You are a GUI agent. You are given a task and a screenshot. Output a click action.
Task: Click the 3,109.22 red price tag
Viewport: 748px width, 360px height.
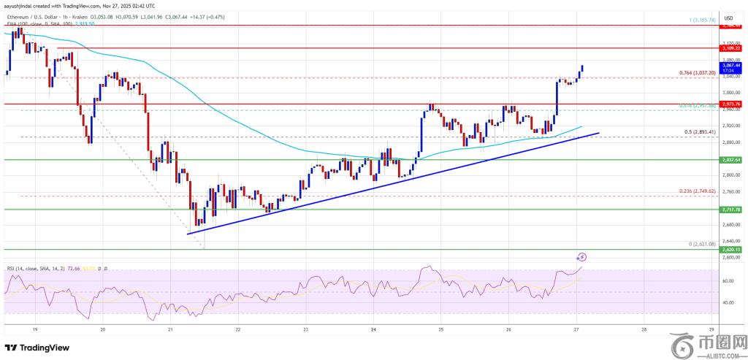coord(730,47)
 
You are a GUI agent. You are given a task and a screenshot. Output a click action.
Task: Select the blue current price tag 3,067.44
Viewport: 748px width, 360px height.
coord(730,67)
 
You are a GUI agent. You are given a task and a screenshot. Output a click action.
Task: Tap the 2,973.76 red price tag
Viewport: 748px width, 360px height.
coord(730,104)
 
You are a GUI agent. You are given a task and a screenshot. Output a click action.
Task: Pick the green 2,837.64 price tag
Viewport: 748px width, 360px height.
coord(730,159)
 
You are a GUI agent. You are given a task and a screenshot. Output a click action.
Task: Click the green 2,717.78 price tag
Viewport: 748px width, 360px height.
coord(730,209)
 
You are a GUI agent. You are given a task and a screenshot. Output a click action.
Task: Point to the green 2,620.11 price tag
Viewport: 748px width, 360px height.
coord(730,249)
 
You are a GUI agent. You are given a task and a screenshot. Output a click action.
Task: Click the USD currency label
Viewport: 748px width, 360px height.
coord(728,18)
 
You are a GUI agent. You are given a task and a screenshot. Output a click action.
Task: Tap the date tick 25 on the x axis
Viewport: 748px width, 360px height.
coord(441,329)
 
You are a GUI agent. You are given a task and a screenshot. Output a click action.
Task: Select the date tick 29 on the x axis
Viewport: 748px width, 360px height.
coord(711,329)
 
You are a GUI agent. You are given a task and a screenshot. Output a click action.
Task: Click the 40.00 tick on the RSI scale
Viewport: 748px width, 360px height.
coord(728,302)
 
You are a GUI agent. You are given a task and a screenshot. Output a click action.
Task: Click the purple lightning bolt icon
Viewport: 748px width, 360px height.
coord(583,256)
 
